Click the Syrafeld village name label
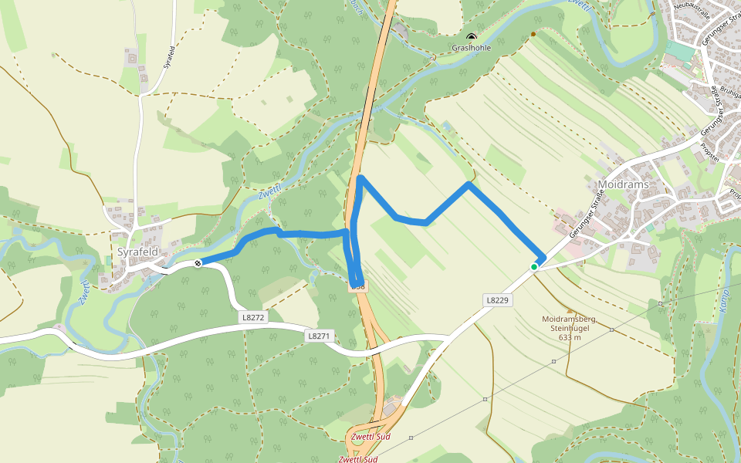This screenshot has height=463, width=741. click(x=137, y=252)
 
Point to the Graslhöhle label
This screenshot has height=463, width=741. click(x=471, y=48)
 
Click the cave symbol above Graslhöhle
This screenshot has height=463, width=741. click(x=471, y=36)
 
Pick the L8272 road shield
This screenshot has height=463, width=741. click(x=252, y=317)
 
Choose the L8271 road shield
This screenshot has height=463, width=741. click(x=319, y=336)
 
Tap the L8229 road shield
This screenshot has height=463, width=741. click(x=496, y=299)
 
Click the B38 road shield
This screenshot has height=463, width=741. click(x=358, y=286)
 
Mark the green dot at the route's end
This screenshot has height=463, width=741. click(x=533, y=267)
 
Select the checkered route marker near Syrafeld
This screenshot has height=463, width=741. click(x=198, y=264)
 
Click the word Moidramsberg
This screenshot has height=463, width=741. click(x=567, y=319)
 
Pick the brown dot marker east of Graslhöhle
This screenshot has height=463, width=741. click(x=533, y=34)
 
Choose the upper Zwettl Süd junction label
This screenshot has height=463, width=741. click(x=370, y=438)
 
